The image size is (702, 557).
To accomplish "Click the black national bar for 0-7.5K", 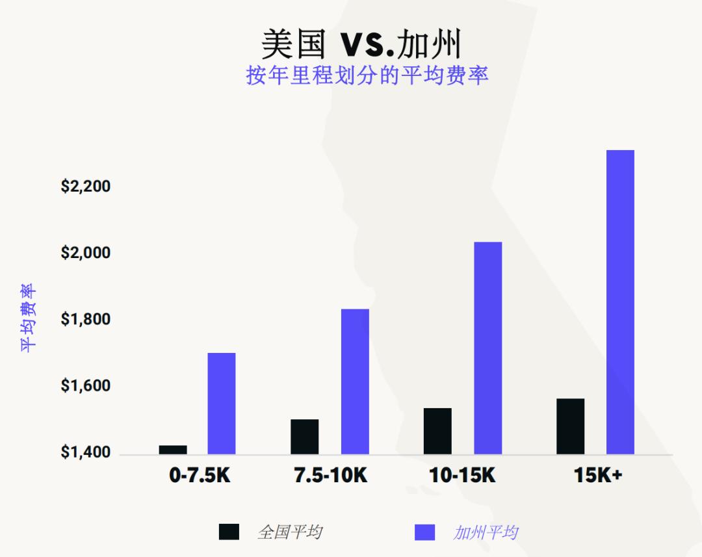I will tap(173, 449).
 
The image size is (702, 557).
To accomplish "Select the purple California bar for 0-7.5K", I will tap(222, 403).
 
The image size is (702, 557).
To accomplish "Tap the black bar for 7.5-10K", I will tap(305, 436).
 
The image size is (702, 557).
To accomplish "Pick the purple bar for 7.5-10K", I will tap(355, 381).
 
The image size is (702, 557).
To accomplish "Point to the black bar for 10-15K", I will tap(437, 431).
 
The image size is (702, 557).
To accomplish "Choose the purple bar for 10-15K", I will tap(487, 348).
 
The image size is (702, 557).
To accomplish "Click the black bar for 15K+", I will tap(570, 426).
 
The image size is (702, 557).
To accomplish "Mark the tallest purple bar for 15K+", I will tap(620, 302).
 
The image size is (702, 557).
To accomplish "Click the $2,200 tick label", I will tap(86, 187).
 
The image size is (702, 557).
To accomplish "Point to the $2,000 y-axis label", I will tap(86, 253).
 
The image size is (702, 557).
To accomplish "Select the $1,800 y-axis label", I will tap(86, 320).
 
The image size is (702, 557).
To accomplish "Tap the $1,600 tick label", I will tap(86, 386).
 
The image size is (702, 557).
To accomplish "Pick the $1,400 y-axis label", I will tap(86, 452).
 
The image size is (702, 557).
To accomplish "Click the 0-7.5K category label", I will tap(200, 476).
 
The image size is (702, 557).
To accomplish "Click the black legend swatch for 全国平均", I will tap(229, 532).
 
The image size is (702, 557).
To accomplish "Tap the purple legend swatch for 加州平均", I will tap(424, 532).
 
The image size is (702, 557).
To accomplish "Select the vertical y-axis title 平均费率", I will tap(29, 318).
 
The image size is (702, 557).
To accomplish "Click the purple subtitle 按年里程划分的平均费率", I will tap(367, 75).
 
